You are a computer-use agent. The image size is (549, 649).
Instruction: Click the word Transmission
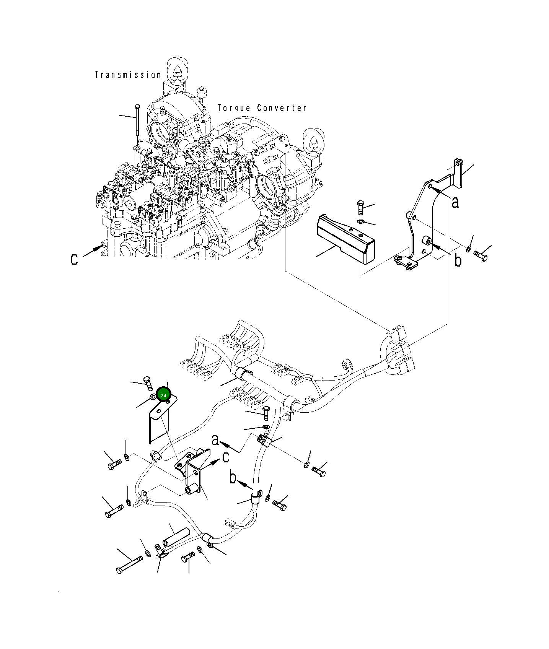[x=128, y=75]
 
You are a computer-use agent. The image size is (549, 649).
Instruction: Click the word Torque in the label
[x=234, y=108]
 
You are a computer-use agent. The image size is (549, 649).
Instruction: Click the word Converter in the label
[x=282, y=108]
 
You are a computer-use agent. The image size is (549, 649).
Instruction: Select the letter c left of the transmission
[x=74, y=259]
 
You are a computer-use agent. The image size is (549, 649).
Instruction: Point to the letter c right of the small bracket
[x=226, y=457]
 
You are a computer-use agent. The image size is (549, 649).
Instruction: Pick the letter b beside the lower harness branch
[x=233, y=477]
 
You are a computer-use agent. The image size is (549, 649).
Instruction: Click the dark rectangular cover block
[x=345, y=239]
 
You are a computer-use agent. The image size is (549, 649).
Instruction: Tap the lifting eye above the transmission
[x=177, y=70]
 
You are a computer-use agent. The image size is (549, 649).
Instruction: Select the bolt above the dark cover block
[x=360, y=207]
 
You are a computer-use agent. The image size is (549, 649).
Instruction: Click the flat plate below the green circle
[x=159, y=425]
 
